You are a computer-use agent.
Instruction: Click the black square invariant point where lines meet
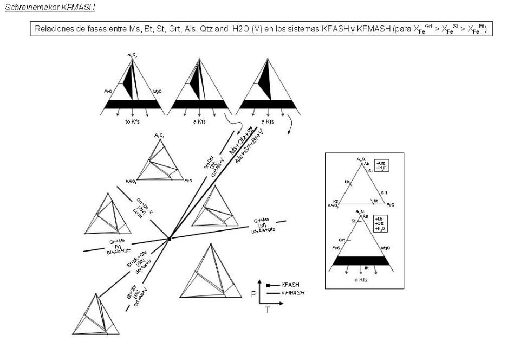(169, 239)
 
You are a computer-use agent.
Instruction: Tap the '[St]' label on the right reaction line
(263, 226)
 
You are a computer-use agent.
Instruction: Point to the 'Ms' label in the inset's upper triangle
(347, 182)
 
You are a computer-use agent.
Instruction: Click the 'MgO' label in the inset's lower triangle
(385, 248)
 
